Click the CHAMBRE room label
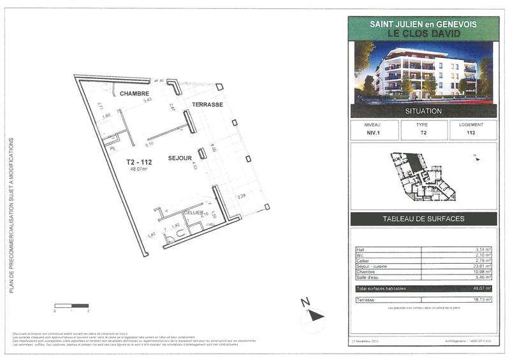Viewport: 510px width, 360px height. tap(134, 94)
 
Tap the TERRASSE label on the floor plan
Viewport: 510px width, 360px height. tap(207, 104)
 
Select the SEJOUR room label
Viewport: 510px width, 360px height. tap(180, 157)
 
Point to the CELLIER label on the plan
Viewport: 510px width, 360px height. tap(193, 212)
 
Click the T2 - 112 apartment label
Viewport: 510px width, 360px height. tap(139, 162)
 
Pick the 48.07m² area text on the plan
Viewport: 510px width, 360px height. tap(139, 169)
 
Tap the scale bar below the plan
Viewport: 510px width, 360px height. tap(71, 306)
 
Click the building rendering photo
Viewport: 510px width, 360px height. tap(423, 71)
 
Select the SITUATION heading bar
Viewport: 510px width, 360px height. tap(423, 111)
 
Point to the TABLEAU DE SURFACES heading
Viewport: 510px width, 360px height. tap(423, 219)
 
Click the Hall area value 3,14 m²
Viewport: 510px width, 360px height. tap(483, 250)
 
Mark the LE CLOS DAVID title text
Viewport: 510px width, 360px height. tap(423, 32)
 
